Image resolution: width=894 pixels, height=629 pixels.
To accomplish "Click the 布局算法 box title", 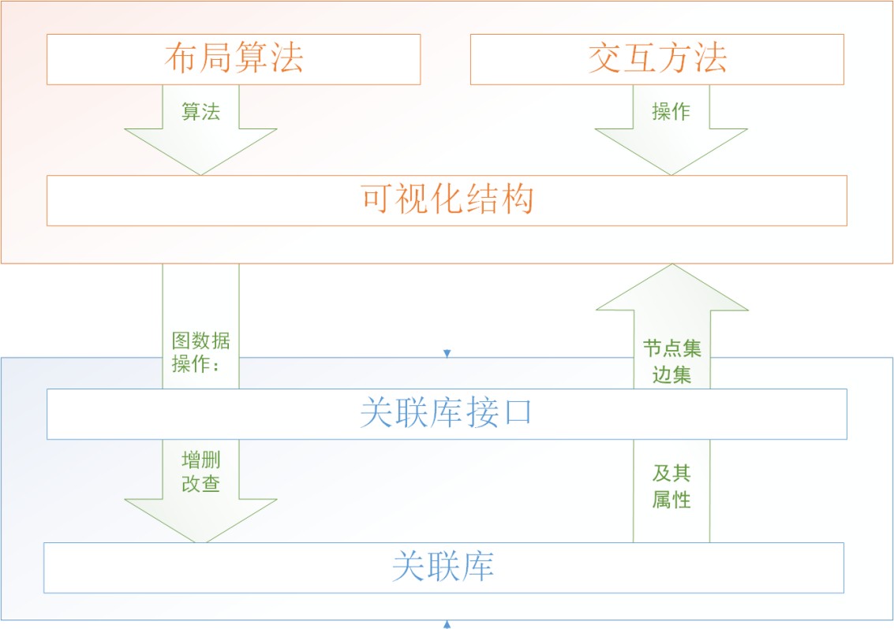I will click(234, 58).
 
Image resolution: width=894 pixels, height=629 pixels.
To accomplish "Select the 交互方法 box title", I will click(657, 58).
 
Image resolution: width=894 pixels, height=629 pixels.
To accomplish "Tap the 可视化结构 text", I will click(447, 199).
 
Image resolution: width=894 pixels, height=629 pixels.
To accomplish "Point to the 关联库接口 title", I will click(447, 413).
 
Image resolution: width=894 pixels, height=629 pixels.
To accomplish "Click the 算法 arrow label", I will click(200, 112).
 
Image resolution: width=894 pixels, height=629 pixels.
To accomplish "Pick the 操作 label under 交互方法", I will click(671, 112).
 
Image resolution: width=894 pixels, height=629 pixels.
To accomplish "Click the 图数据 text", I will click(201, 341).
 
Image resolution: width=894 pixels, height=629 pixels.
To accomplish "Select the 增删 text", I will click(200, 460).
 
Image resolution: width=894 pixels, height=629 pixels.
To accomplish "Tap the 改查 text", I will click(200, 484).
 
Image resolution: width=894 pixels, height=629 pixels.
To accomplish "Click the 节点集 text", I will click(671, 348).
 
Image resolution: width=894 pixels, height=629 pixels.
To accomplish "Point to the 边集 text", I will click(671, 374).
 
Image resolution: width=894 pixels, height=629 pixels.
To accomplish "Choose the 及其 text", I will click(671, 474).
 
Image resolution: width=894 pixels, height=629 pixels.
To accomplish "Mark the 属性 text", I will click(671, 499).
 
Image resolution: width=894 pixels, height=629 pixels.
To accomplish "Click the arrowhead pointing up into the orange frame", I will click(671, 288).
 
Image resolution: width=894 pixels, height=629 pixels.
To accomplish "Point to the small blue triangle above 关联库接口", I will click(447, 353).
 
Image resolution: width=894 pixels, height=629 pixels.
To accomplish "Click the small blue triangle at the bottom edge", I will click(447, 624).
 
